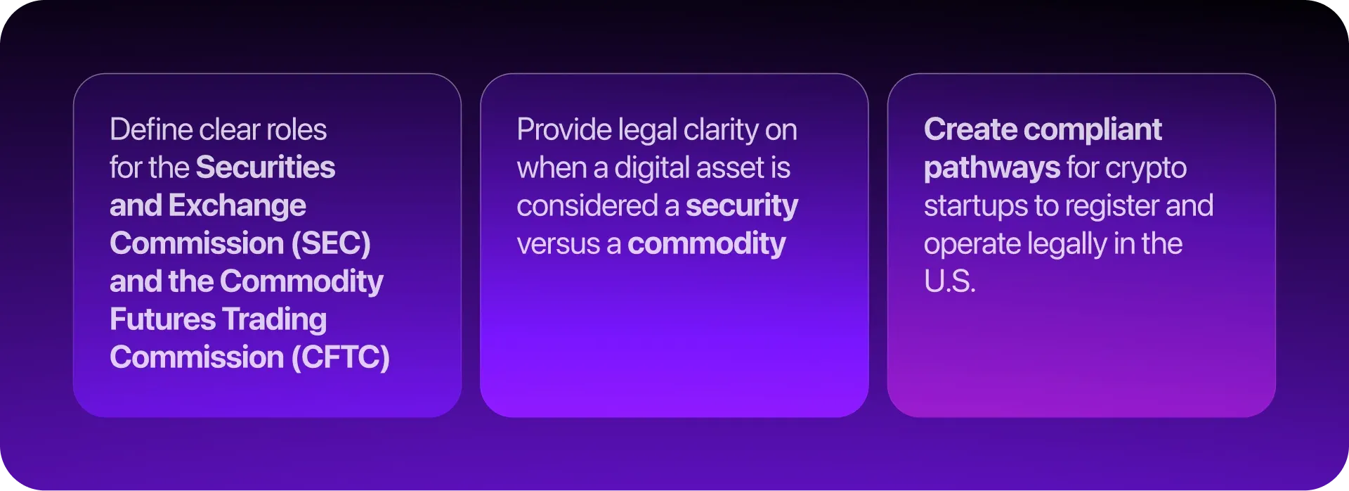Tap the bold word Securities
point(266,167)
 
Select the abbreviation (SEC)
point(331,243)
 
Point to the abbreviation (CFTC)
point(340,357)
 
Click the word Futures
point(163,319)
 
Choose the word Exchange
point(237,206)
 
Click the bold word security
point(742,207)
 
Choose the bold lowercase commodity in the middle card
point(707,245)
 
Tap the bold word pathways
point(992,169)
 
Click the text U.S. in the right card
point(950,281)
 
